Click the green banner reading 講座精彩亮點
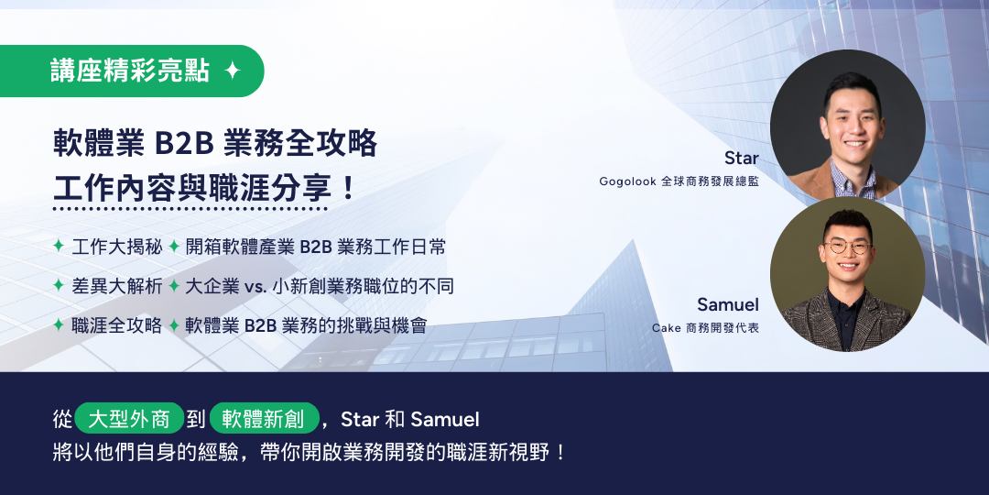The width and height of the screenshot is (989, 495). (132, 71)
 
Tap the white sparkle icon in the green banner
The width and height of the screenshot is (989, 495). (233, 71)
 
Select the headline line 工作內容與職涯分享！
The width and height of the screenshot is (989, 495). (204, 188)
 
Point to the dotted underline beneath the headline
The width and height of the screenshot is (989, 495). (190, 208)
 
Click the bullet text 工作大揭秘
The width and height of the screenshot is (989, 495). (117, 247)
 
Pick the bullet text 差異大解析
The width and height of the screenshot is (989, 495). (117, 286)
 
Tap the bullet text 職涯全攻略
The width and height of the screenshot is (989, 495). (117, 325)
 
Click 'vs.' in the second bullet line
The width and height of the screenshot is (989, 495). (255, 287)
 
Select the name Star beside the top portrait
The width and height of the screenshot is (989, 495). (741, 158)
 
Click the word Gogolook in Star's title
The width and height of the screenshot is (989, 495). (627, 181)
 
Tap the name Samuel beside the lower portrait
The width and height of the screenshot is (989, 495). (728, 304)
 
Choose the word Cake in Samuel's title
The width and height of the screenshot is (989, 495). (666, 328)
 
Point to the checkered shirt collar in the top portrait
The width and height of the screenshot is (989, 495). (853, 180)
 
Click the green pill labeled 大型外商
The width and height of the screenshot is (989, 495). (129, 418)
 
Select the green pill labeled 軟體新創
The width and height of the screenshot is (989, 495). (265, 418)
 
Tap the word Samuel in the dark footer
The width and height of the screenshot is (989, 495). (445, 419)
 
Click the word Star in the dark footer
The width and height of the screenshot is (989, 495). (360, 419)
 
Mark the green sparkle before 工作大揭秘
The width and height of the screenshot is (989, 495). (59, 247)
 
